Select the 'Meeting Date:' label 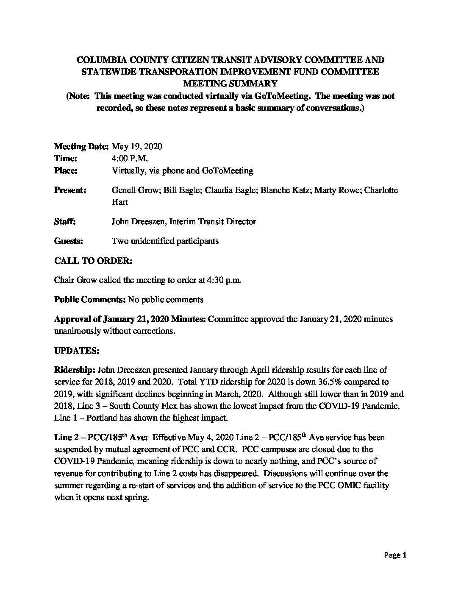pyautogui.click(x=81, y=147)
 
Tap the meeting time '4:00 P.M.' pyautogui.click(x=129, y=159)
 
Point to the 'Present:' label pyautogui.click(x=70, y=190)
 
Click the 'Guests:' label pyautogui.click(x=69, y=241)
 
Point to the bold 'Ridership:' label pyautogui.click(x=72, y=370)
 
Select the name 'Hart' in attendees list pyautogui.click(x=119, y=202)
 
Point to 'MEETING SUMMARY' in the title pyautogui.click(x=230, y=84)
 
